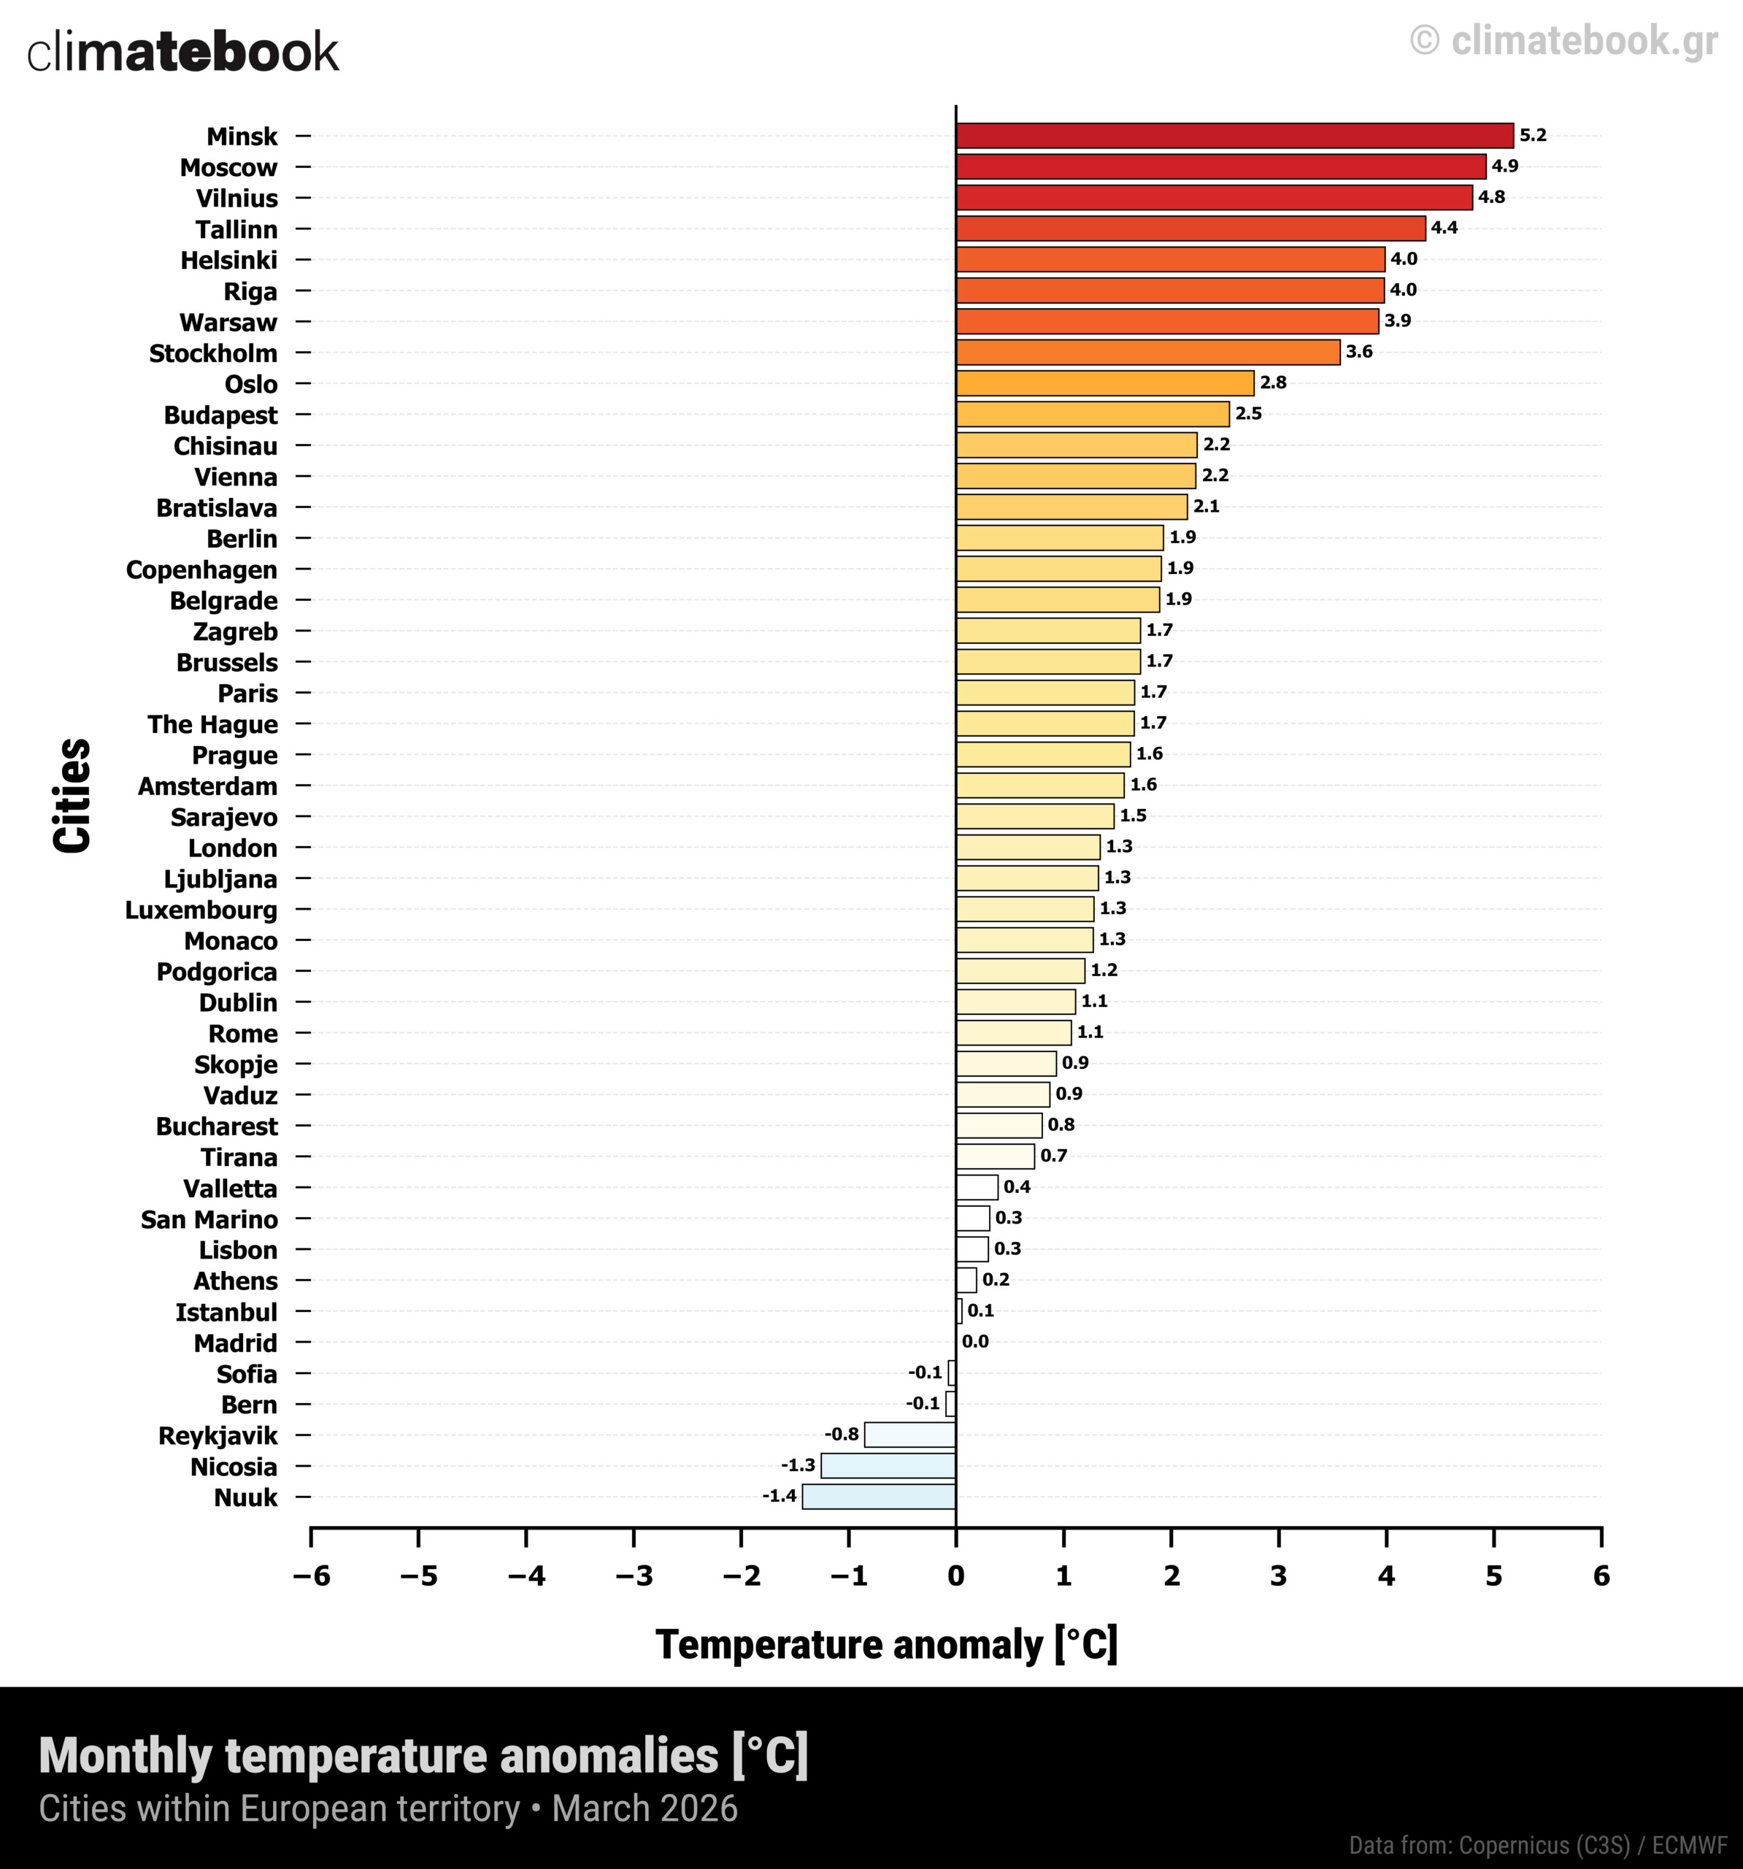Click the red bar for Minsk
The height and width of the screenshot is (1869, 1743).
click(x=1234, y=135)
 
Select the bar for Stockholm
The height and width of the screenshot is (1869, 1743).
click(x=1148, y=353)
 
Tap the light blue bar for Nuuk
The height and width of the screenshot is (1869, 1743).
click(x=879, y=1497)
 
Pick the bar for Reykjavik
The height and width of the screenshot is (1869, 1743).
click(x=910, y=1435)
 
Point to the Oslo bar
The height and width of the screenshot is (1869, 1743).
click(x=1104, y=383)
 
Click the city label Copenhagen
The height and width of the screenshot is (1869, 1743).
click(x=201, y=569)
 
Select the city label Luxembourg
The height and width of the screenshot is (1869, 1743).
click(x=201, y=910)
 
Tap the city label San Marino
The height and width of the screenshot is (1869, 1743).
click(x=209, y=1219)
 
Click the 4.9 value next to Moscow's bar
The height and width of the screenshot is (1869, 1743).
click(x=1504, y=166)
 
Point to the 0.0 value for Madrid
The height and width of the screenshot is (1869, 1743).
click(x=975, y=1342)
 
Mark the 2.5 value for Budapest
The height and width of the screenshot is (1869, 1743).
click(x=1248, y=414)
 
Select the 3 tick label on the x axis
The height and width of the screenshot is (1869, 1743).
click(x=1279, y=1577)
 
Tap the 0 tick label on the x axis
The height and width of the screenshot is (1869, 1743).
click(x=956, y=1577)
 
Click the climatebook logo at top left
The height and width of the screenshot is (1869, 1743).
click(x=182, y=53)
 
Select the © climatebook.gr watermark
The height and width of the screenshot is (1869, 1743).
click(x=1564, y=40)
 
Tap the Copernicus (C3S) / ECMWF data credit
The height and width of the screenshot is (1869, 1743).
click(x=1538, y=1846)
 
